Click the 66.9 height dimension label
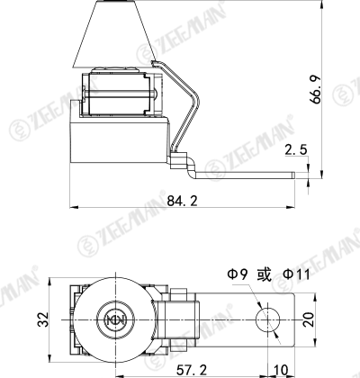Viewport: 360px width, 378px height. click(317, 90)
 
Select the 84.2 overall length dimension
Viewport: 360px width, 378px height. click(183, 201)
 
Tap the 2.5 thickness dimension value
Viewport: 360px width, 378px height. click(296, 149)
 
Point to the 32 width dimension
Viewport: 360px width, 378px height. click(42, 319)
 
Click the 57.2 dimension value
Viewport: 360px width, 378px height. click(192, 370)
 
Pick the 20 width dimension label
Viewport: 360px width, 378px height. click(309, 319)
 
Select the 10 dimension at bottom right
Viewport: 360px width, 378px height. click(281, 370)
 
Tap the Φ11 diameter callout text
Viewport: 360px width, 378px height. click(296, 274)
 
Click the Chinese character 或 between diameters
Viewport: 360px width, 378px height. click(265, 274)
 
